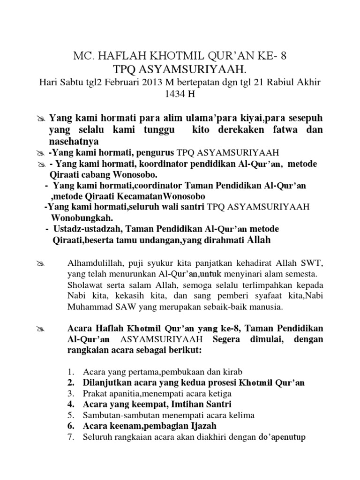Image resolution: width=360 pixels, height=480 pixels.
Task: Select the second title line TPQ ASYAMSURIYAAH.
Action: [180, 69]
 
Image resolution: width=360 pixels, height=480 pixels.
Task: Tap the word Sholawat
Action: [83, 285]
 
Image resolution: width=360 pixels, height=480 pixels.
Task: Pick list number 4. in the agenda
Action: [71, 404]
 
